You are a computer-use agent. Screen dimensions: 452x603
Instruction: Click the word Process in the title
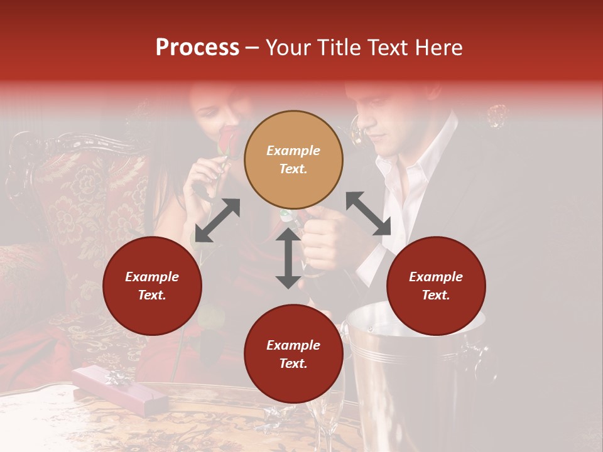tap(197, 48)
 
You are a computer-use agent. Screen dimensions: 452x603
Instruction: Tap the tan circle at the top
tap(293, 159)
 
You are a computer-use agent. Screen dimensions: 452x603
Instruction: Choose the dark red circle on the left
tap(152, 286)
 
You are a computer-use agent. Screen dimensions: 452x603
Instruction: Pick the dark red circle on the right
tap(435, 286)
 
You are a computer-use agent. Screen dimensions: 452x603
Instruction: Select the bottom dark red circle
tap(293, 354)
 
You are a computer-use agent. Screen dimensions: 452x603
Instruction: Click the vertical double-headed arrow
tap(288, 258)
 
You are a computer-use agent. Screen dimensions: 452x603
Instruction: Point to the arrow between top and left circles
tap(217, 220)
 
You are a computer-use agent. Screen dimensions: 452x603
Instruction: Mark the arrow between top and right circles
tap(368, 213)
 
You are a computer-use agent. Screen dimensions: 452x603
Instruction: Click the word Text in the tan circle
tap(293, 169)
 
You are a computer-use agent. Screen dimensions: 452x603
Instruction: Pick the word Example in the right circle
tap(435, 277)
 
